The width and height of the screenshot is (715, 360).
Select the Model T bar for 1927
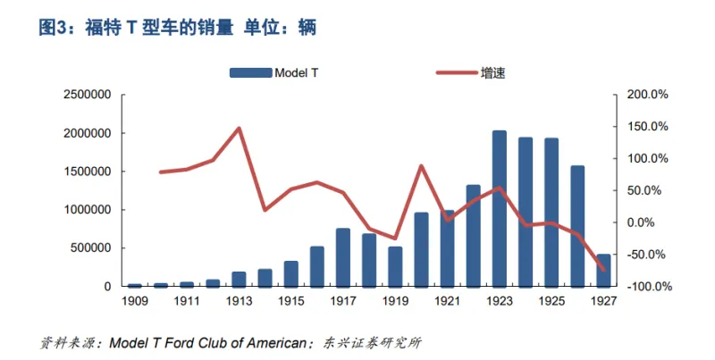pos(603,270)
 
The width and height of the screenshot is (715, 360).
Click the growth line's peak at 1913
pos(239,128)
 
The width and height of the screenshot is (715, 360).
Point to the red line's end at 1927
pos(603,270)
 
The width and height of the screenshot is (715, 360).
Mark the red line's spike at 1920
pos(421,166)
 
